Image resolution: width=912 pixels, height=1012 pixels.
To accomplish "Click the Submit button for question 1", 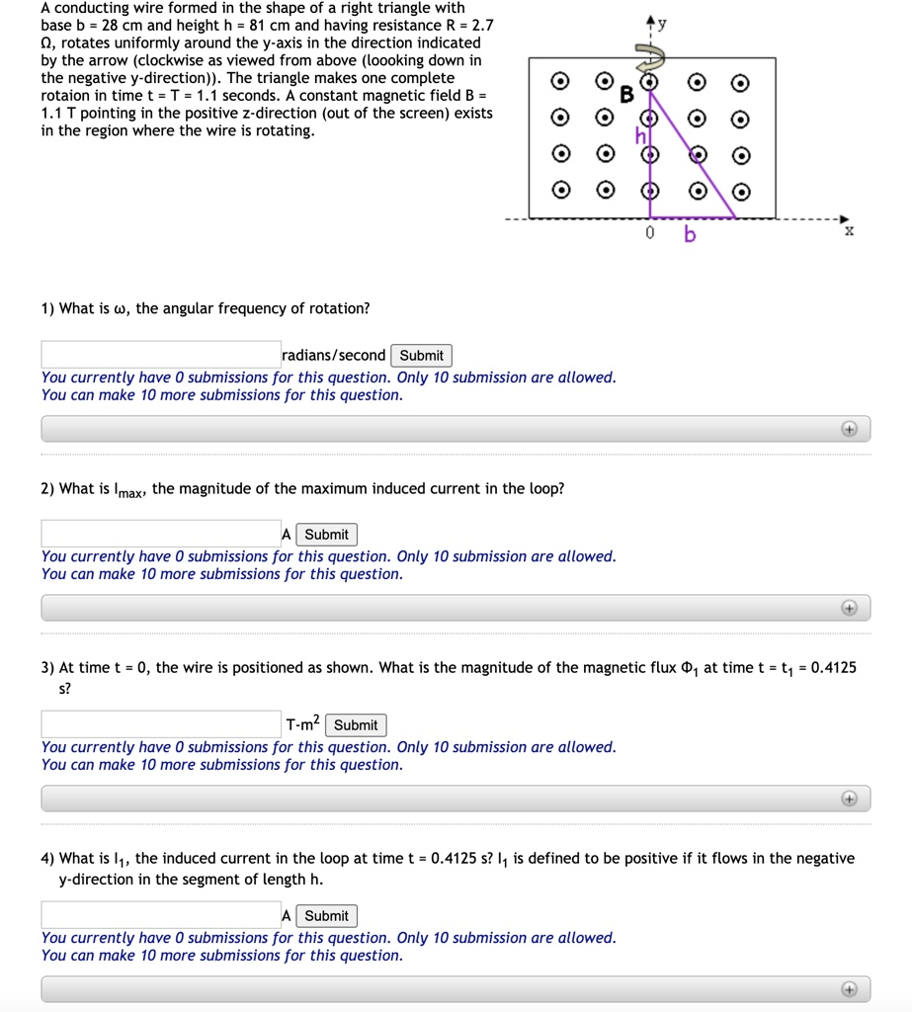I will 422,356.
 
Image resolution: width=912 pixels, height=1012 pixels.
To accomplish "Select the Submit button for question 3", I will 356,725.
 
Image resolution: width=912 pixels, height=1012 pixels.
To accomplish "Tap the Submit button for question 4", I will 326,916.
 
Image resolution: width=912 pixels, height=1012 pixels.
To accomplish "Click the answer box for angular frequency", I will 161,356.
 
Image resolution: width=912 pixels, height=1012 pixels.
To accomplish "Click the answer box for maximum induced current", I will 161,535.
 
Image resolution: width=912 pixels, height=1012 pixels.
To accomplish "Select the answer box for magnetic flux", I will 161,725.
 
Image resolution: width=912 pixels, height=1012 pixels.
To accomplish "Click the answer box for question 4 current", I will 161,916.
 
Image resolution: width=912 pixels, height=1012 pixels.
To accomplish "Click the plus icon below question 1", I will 848,429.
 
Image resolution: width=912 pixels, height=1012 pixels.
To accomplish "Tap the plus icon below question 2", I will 848,608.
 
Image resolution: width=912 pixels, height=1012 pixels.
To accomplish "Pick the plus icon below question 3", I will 848,799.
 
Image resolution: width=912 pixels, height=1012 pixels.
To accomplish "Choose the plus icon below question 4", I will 848,988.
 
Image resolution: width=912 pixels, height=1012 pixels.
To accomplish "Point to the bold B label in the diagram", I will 625,96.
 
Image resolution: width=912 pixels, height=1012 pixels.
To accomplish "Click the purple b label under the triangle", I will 690,235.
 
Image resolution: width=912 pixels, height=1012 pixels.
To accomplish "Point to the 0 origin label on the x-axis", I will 649,234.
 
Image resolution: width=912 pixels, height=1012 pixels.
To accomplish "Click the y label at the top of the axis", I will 662,23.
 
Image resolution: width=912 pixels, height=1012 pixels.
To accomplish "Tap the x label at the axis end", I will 849,231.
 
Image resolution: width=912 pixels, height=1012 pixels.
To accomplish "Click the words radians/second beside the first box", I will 334,356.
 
